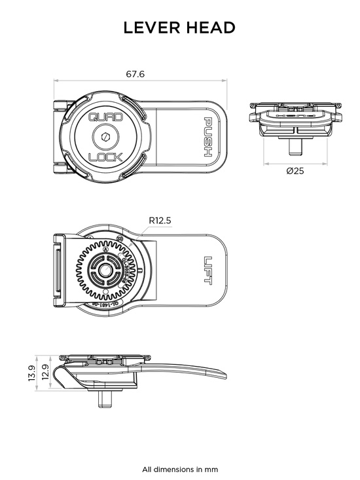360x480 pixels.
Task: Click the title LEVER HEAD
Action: point(179,28)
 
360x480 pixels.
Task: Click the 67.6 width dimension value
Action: point(135,74)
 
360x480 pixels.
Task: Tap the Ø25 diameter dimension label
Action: point(295,171)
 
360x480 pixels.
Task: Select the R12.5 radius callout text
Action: point(160,221)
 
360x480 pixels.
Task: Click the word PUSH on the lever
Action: point(207,136)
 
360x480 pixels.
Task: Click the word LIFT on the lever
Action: point(207,268)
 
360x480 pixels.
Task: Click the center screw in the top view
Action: point(104,137)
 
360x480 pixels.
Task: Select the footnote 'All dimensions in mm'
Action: point(180,469)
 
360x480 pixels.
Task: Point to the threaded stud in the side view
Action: point(105,399)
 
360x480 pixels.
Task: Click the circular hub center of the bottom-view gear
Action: point(105,269)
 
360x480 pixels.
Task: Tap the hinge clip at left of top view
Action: point(60,137)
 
